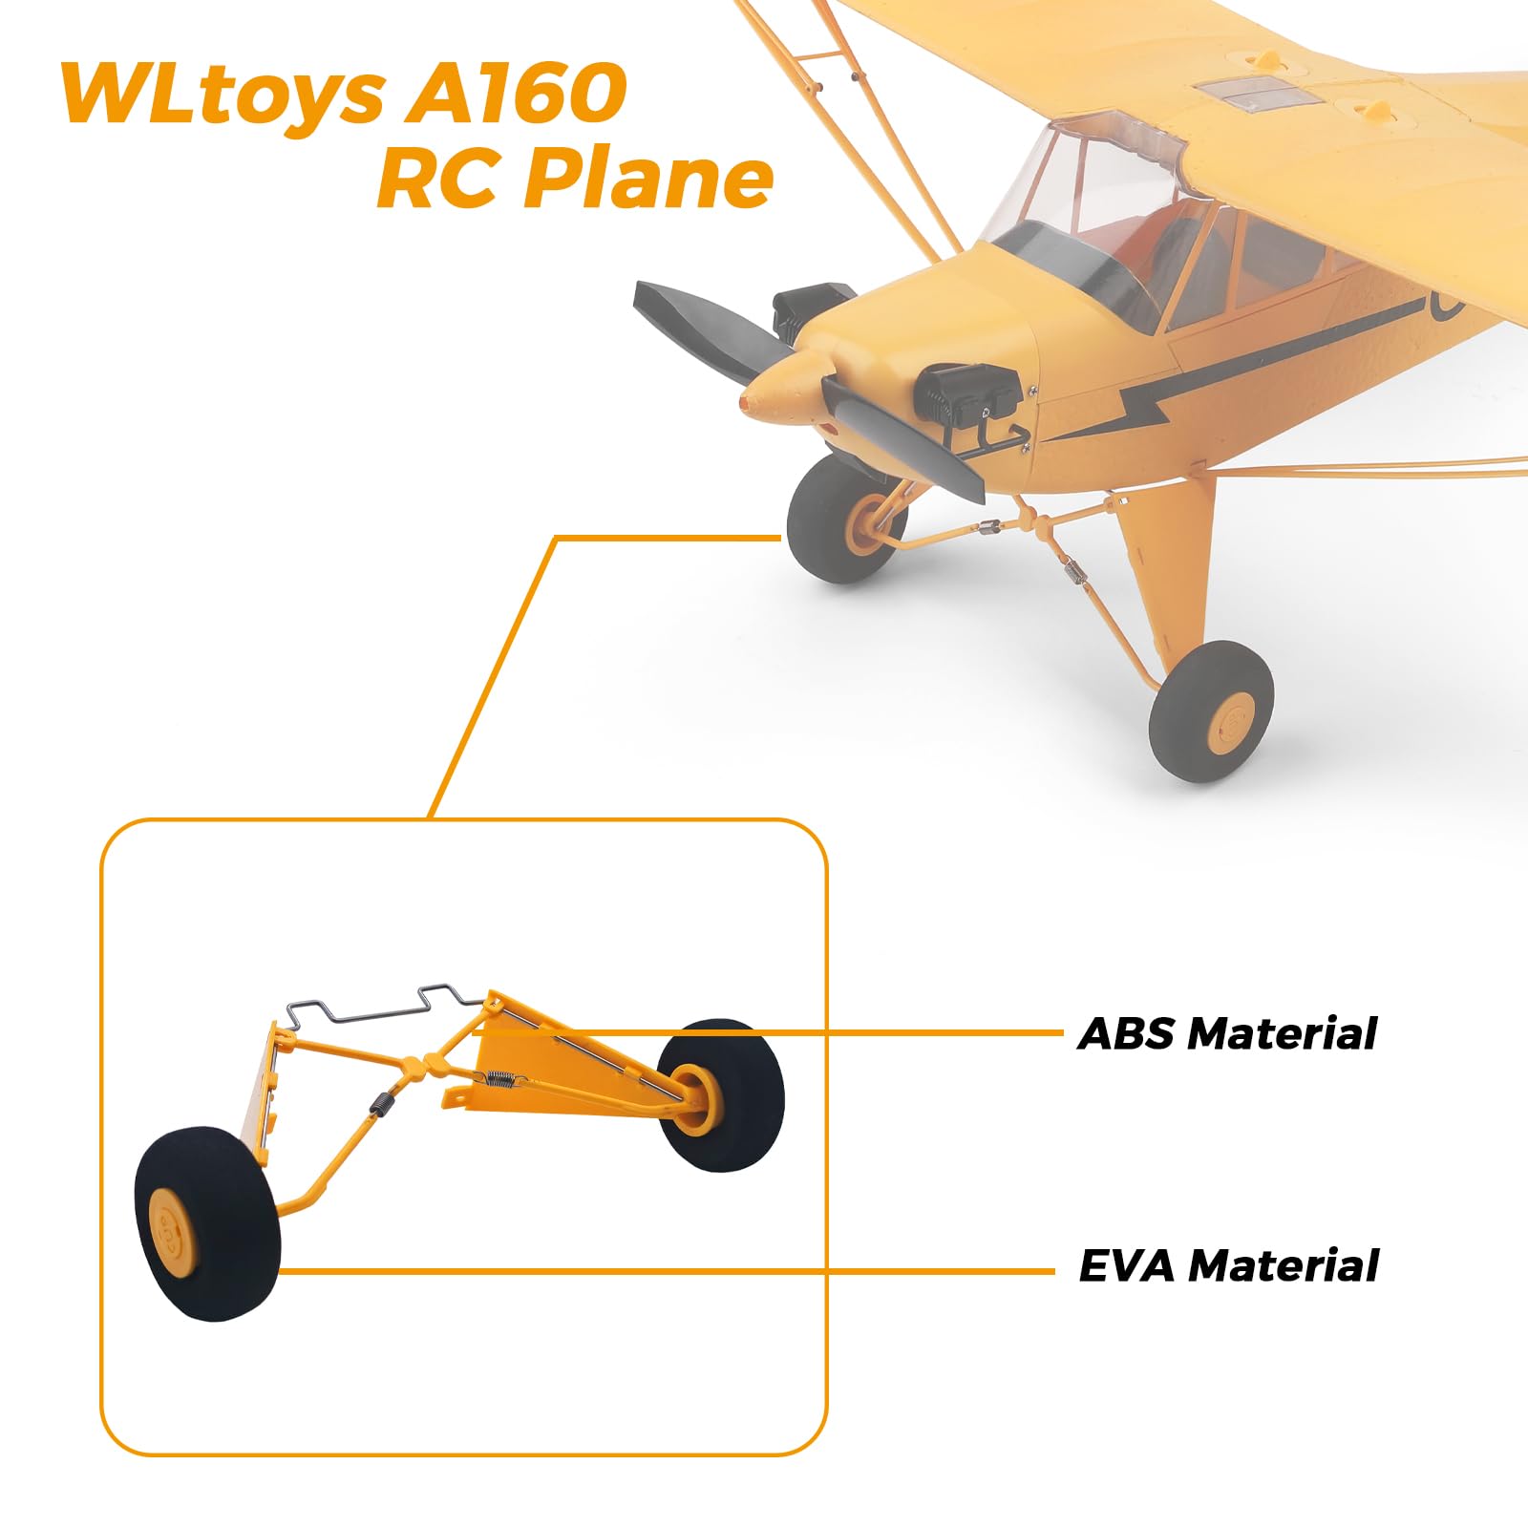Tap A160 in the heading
click(x=516, y=93)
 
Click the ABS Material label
click(x=1227, y=1033)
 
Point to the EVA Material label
click(x=1228, y=1265)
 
